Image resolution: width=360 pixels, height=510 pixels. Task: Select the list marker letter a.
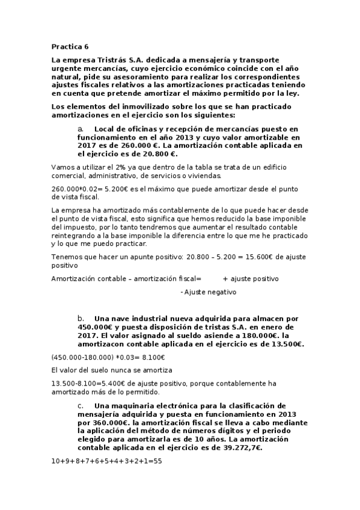point(81,129)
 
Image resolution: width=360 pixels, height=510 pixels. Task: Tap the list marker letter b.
point(81,318)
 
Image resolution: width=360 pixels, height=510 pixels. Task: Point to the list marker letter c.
point(81,406)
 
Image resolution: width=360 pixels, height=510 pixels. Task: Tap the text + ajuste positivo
point(250,278)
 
